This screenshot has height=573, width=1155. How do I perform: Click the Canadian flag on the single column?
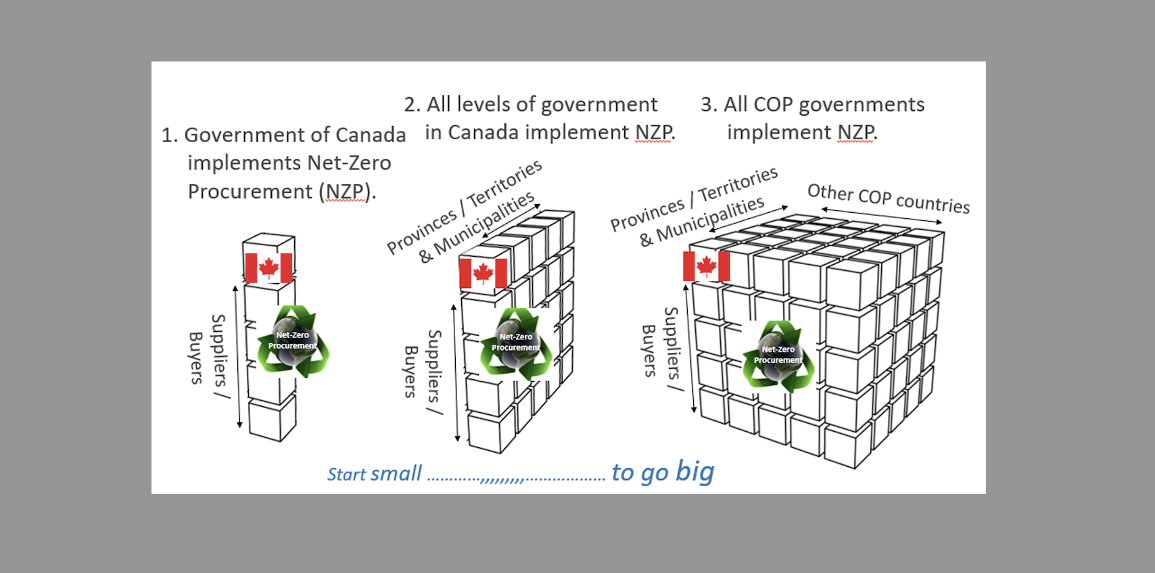tap(268, 268)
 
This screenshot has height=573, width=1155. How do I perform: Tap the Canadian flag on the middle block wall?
tap(483, 273)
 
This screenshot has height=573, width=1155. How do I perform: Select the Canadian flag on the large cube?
tap(706, 266)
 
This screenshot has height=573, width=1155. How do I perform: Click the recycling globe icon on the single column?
tap(293, 341)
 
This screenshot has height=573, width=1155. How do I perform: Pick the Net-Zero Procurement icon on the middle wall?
tap(516, 343)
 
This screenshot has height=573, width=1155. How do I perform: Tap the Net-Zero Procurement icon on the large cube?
tap(778, 356)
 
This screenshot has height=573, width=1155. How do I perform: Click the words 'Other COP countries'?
tap(889, 198)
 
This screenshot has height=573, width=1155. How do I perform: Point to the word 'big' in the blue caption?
tap(694, 471)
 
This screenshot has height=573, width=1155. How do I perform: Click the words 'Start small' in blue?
tap(375, 474)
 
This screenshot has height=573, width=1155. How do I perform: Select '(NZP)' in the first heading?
tap(347, 192)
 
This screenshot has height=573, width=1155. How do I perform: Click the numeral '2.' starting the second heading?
tap(412, 105)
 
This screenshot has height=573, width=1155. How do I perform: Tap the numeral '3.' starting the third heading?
tap(709, 105)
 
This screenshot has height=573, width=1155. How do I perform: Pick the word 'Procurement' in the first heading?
tap(250, 192)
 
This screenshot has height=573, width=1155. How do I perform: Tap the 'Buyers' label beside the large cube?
tap(649, 351)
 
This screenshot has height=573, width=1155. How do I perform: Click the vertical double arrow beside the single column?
tap(237, 357)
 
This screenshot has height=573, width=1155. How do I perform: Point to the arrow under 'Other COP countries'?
tap(881, 216)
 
